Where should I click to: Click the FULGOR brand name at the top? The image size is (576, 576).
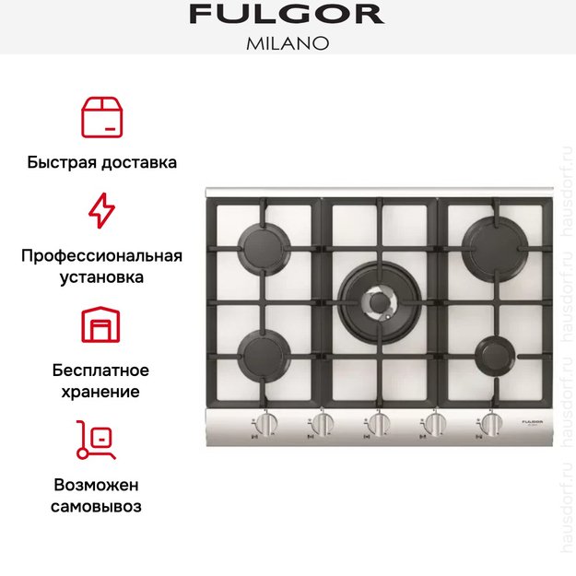pyautogui.click(x=287, y=15)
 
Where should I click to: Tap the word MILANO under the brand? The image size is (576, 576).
pyautogui.click(x=287, y=43)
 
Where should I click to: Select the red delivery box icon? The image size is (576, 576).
pyautogui.click(x=101, y=116)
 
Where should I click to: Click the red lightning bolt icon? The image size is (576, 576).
pyautogui.click(x=101, y=211)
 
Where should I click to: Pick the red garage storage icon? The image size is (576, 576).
pyautogui.click(x=101, y=325)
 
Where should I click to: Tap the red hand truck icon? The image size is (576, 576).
pyautogui.click(x=96, y=441)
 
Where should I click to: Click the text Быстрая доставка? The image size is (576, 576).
pyautogui.click(x=101, y=163)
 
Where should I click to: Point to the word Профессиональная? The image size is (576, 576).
pyautogui.click(x=101, y=255)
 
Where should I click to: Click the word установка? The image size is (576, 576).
pyautogui.click(x=101, y=276)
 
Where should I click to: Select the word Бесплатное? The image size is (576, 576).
pyautogui.click(x=101, y=370)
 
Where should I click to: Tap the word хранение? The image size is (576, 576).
pyautogui.click(x=101, y=392)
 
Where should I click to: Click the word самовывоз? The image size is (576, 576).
pyautogui.click(x=101, y=507)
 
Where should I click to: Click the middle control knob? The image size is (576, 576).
pyautogui.click(x=378, y=425)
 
